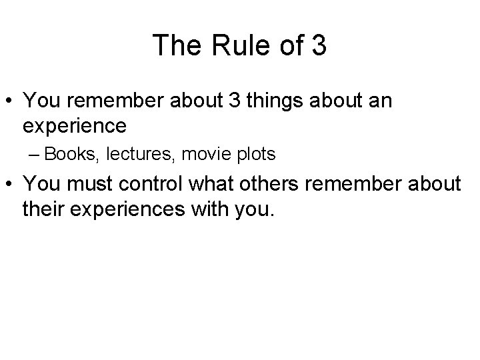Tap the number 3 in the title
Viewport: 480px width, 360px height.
point(317,45)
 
